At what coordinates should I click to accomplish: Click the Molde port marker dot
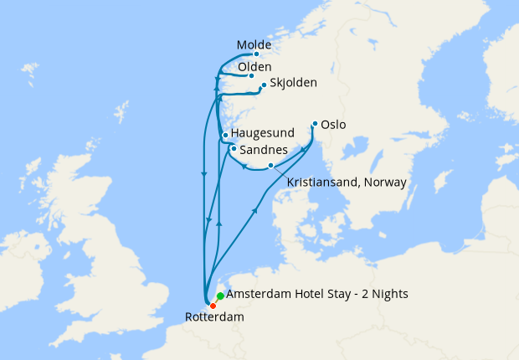(256, 54)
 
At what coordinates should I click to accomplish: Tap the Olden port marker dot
(251, 75)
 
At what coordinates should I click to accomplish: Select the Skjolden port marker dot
(264, 85)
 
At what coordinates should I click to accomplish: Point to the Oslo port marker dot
(315, 125)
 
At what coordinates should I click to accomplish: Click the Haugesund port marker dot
(225, 135)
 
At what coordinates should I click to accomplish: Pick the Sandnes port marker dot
(233, 149)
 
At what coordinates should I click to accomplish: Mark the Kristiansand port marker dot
(270, 166)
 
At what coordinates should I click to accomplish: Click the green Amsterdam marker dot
(220, 296)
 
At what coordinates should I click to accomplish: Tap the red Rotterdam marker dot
(213, 306)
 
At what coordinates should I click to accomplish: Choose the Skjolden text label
(295, 83)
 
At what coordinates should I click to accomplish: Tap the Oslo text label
(333, 126)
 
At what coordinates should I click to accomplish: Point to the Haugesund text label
(263, 133)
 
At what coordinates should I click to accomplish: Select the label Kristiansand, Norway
(347, 182)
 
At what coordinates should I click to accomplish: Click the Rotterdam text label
(213, 317)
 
